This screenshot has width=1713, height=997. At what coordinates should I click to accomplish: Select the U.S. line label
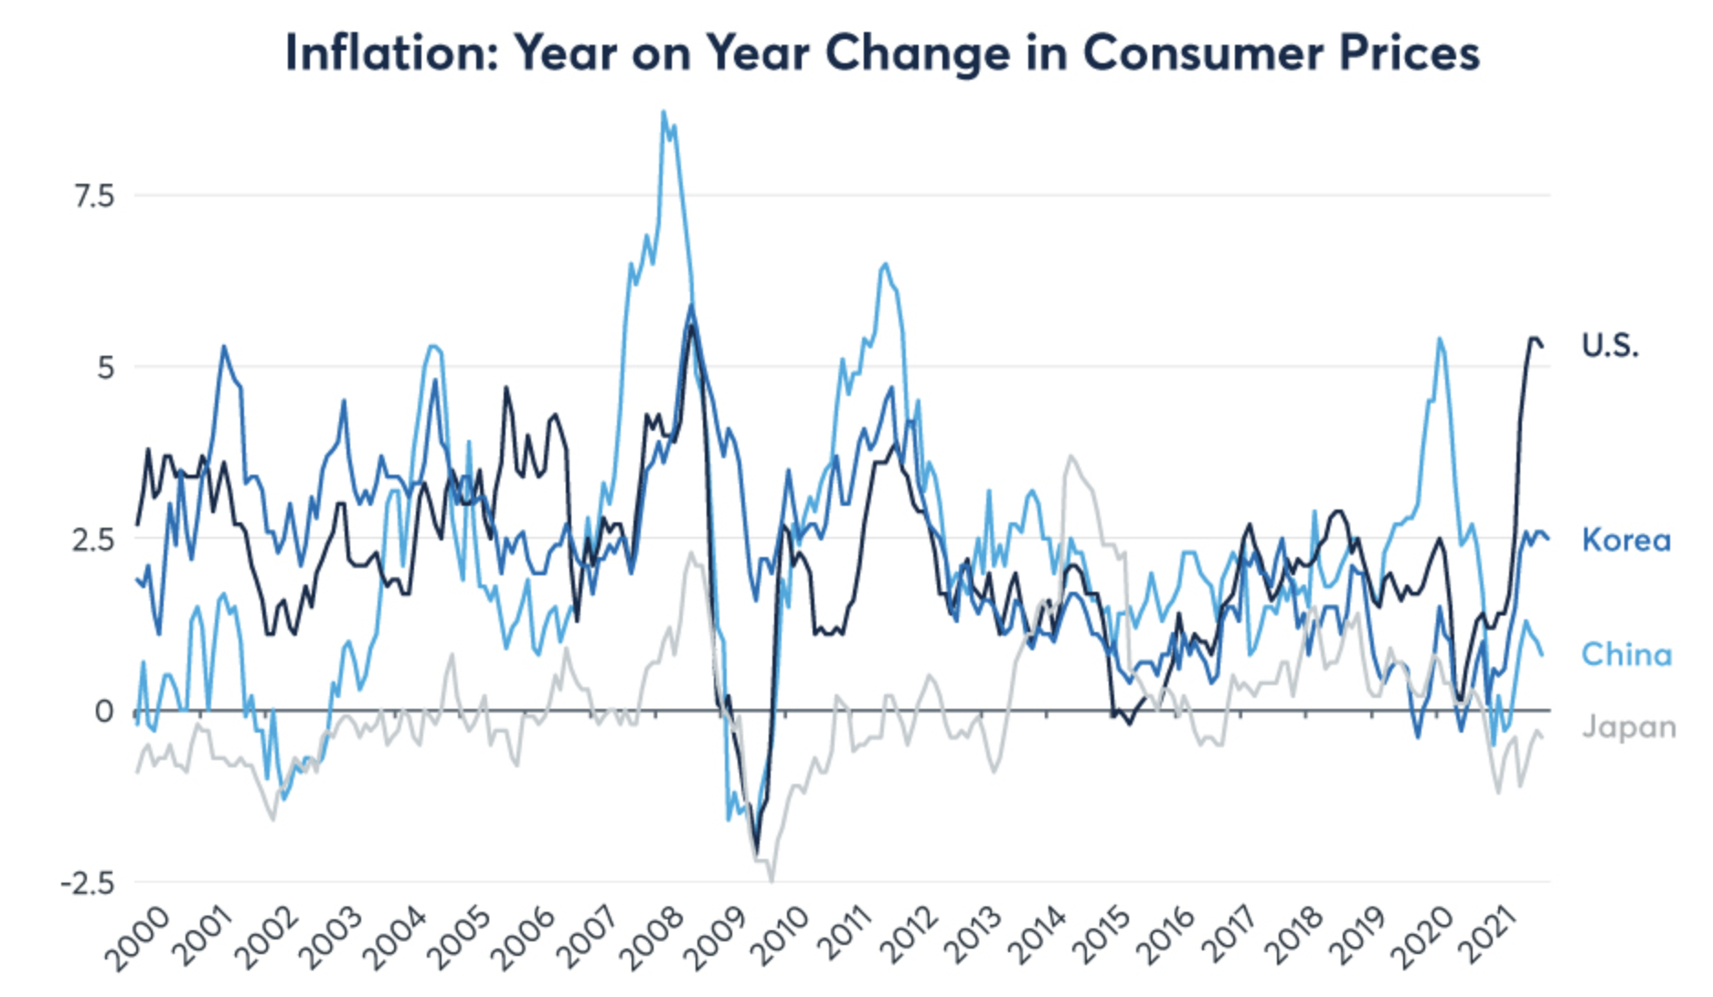pos(1610,345)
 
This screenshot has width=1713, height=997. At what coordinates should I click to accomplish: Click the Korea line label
pos(1626,540)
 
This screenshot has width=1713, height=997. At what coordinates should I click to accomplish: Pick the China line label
pos(1626,654)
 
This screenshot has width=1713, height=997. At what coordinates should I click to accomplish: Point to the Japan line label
pos(1629,727)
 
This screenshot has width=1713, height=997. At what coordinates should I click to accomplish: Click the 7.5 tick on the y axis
pos(94,195)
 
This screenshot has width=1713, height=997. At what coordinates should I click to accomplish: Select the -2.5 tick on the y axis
pos(88,883)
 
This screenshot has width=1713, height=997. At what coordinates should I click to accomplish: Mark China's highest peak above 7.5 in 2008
pos(664,113)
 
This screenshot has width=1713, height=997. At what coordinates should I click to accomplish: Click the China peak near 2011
pos(884,264)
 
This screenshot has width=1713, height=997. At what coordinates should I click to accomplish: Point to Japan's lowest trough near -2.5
pos(771,881)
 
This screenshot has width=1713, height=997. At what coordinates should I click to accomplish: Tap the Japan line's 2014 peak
pos(1070,456)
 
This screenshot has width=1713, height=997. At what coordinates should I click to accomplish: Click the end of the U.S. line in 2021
pos(1543,346)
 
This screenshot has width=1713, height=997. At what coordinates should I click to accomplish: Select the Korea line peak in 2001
pos(223,347)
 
